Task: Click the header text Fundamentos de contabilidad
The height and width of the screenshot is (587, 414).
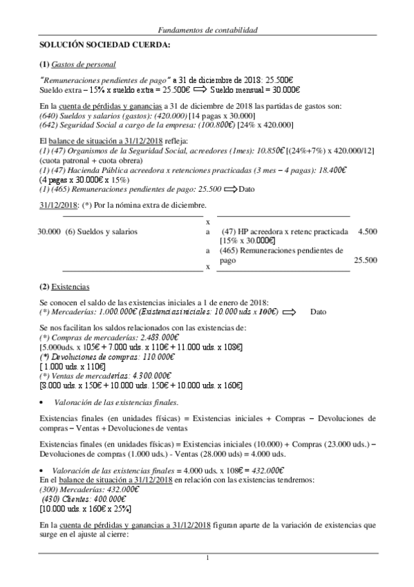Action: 207,31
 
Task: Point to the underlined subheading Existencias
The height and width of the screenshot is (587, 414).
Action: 71,286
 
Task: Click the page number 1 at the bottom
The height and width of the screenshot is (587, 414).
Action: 207,558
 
